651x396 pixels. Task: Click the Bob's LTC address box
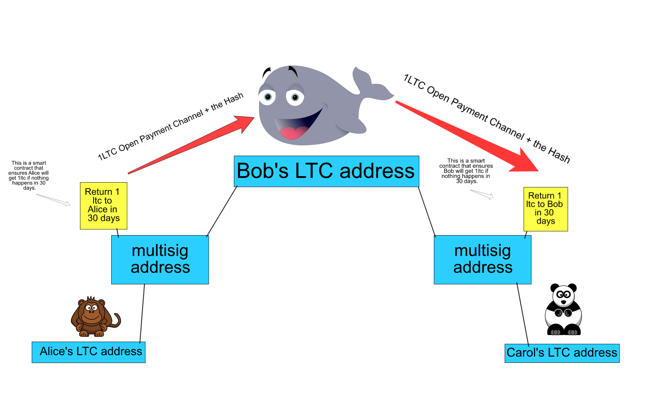tap(326, 171)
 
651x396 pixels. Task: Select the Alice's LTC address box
tap(88, 352)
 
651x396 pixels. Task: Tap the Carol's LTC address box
tap(562, 353)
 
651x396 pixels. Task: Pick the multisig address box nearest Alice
tap(160, 259)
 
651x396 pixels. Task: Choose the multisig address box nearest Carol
tap(482, 259)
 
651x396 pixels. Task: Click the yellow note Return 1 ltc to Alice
tap(103, 206)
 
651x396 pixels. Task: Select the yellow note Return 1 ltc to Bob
tap(545, 209)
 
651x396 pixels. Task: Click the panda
tap(563, 310)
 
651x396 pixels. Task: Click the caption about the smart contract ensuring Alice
tap(29, 175)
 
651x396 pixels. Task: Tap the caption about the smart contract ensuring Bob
tap(466, 171)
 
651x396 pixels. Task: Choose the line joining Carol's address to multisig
tap(523, 314)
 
